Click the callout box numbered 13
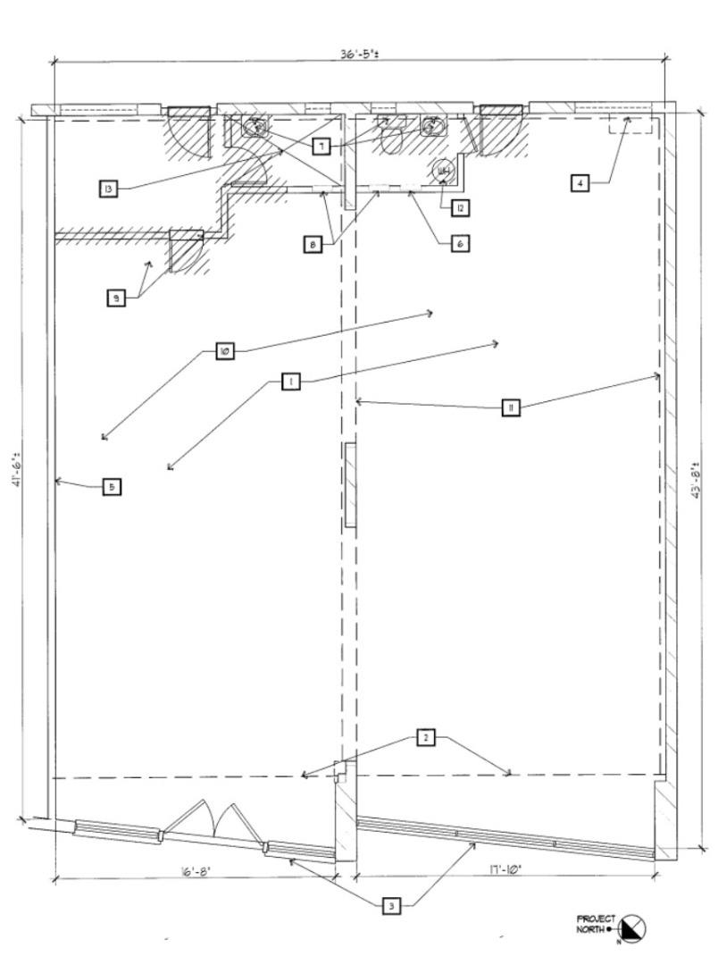[x=108, y=189]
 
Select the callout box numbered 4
[x=580, y=183]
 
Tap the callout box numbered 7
[x=321, y=146]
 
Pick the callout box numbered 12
[x=459, y=208]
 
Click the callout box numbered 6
[x=459, y=242]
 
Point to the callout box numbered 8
[x=313, y=244]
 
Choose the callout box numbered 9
[x=116, y=299]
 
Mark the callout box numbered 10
[x=225, y=351]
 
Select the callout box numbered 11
[x=510, y=408]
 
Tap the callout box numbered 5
[x=111, y=487]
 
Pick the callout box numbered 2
[x=426, y=738]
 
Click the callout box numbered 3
[x=390, y=906]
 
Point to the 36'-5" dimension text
[x=358, y=54]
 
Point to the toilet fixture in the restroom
[x=393, y=139]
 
